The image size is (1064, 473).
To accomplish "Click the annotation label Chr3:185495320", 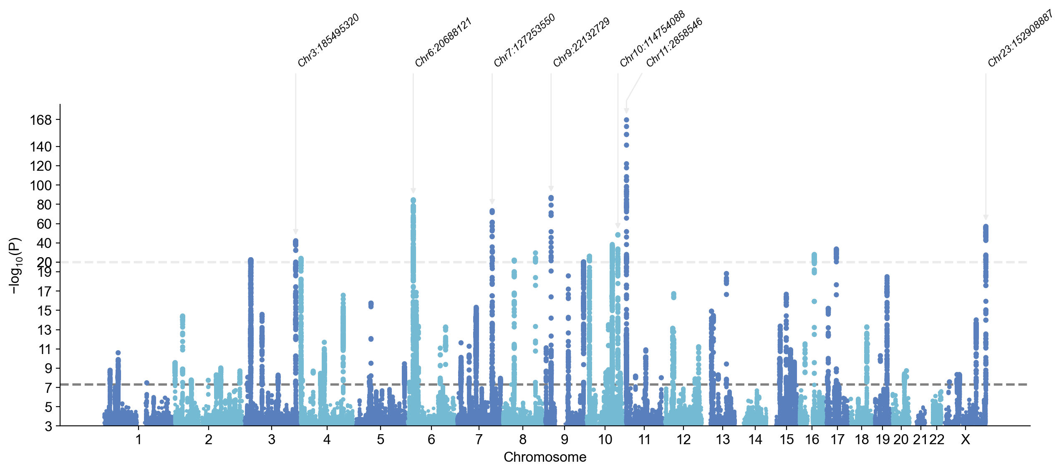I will [x=328, y=40].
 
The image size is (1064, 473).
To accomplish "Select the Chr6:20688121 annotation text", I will [x=443, y=42].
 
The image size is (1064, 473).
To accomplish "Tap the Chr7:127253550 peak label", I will [x=524, y=40].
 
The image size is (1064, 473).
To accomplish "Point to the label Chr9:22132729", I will [x=582, y=42].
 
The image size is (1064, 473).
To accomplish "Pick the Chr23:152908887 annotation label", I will [x=1021, y=38].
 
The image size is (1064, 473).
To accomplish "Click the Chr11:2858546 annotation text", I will [x=675, y=42].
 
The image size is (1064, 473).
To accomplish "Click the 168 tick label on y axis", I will [x=40, y=120].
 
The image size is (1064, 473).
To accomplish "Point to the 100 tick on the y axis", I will [x=40, y=185].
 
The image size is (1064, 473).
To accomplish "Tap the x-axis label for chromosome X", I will [x=965, y=440].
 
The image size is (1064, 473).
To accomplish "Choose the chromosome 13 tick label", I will [x=723, y=440].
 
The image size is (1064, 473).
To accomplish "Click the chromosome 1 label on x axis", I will [x=139, y=440].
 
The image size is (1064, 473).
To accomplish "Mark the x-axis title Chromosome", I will [x=545, y=457].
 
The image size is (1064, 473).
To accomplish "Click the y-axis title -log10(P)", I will [x=15, y=266].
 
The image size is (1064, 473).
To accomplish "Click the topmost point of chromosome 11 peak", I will [x=626, y=120].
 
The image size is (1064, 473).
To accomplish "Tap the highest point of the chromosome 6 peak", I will [x=413, y=200].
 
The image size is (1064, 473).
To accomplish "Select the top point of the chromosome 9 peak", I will [x=551, y=198].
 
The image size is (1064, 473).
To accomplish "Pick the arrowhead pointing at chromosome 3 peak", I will [x=295, y=232].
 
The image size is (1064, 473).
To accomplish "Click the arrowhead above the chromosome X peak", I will [x=986, y=218].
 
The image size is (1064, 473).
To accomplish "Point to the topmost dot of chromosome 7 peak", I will [x=492, y=212].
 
